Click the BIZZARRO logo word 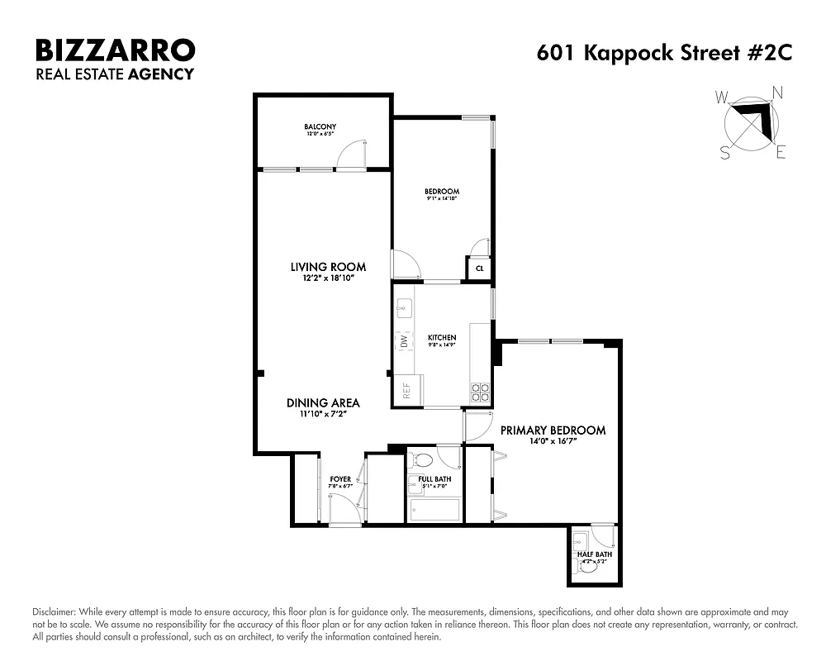[x=115, y=50]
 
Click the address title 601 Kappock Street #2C [x=664, y=53]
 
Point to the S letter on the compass [x=725, y=152]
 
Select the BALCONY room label [x=320, y=126]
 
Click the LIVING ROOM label [x=328, y=267]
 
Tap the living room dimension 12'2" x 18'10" [x=328, y=278]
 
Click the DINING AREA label [x=323, y=403]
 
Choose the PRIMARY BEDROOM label [x=553, y=430]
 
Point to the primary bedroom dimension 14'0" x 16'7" [x=553, y=442]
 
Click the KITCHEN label [x=442, y=338]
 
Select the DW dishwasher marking [x=404, y=340]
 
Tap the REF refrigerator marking [x=406, y=391]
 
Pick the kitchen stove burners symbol [x=479, y=392]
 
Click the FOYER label [x=340, y=479]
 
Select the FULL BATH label [x=434, y=479]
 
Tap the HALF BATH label [x=595, y=554]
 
